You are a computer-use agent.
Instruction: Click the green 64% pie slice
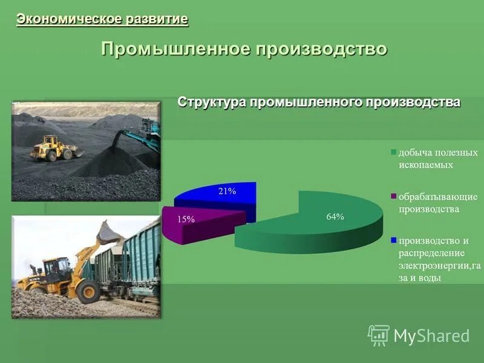(x=315, y=224)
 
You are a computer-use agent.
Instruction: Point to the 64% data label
(x=335, y=217)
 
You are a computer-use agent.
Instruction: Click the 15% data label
(x=186, y=220)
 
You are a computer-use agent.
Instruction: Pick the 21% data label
(x=227, y=191)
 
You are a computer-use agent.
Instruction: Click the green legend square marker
(x=394, y=153)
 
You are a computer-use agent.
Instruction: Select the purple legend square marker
(x=394, y=197)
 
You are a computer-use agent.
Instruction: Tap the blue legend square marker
(x=394, y=241)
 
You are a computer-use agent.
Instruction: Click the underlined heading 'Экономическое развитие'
(x=102, y=19)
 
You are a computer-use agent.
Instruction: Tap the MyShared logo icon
(x=378, y=335)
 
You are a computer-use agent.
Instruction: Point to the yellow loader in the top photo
(x=53, y=148)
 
